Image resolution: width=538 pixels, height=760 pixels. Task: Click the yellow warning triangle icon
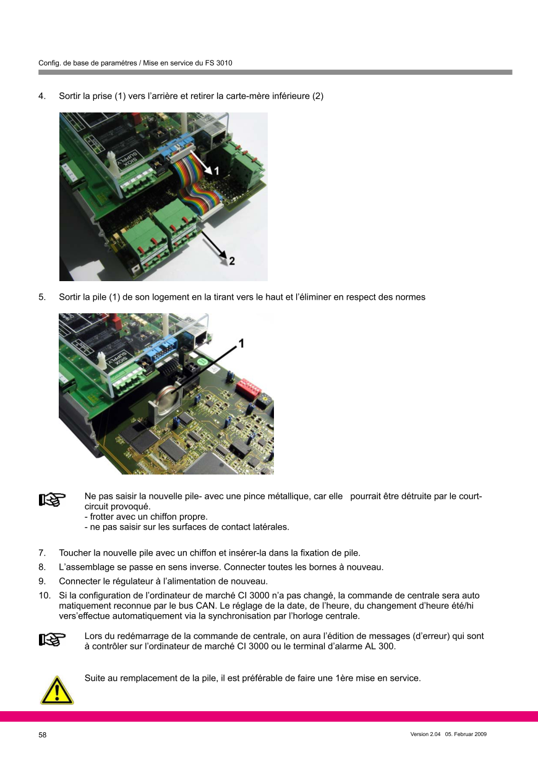pyautogui.click(x=57, y=690)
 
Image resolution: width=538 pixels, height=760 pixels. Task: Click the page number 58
pyautogui.click(x=43, y=735)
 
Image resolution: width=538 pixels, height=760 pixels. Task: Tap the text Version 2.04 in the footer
pyautogui.click(x=425, y=734)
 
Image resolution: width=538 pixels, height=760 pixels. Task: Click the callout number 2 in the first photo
pyautogui.click(x=232, y=261)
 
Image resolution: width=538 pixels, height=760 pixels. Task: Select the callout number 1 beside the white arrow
pyautogui.click(x=216, y=171)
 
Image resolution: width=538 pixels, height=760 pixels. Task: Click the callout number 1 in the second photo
pyautogui.click(x=242, y=344)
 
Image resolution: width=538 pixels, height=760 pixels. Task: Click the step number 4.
pyautogui.click(x=42, y=96)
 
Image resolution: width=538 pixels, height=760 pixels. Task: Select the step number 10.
pyautogui.click(x=45, y=596)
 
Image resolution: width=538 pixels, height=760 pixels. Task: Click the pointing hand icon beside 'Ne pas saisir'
pyautogui.click(x=52, y=500)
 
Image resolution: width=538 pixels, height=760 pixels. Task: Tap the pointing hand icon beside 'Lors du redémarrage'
pyautogui.click(x=52, y=640)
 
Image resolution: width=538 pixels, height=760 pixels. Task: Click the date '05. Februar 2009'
pyautogui.click(x=466, y=734)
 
